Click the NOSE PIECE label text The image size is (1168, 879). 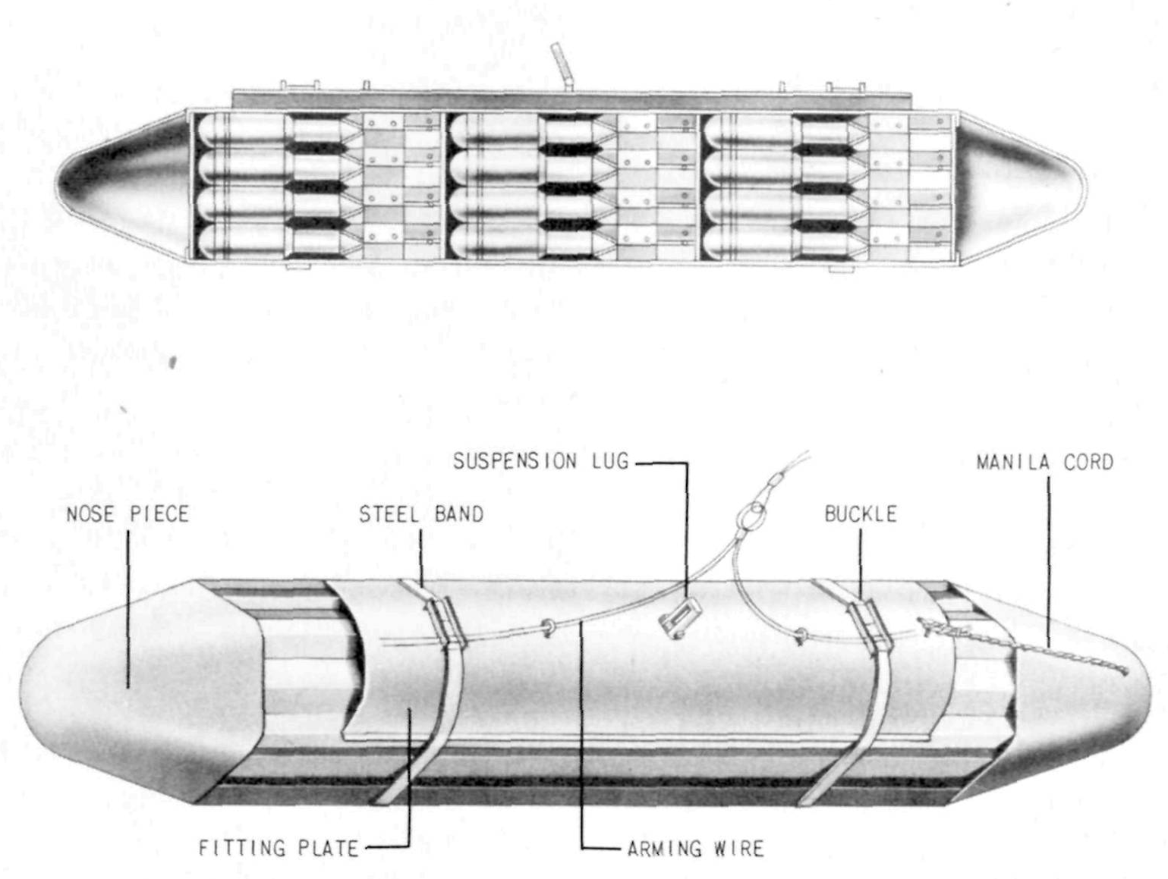coord(128,514)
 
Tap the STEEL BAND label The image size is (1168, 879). coord(421,514)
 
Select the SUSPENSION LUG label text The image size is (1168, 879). coord(541,461)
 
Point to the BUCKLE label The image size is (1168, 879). coord(861,514)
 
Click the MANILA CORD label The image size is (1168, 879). coord(1044,462)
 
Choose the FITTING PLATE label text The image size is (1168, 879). coord(279,848)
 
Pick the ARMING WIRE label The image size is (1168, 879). coord(695,849)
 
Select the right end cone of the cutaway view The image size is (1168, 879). coord(1022,186)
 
